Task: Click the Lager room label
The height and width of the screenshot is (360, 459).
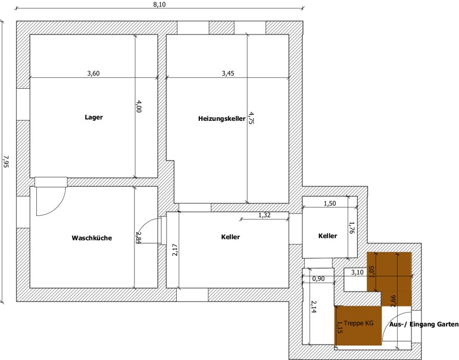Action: (93, 117)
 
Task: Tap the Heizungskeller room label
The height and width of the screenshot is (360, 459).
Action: (221, 118)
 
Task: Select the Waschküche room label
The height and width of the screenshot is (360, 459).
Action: (92, 237)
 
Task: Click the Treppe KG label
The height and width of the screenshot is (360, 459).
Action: (358, 323)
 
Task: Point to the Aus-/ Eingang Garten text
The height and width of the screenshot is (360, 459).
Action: (424, 324)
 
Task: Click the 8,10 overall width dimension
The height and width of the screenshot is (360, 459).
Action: (159, 4)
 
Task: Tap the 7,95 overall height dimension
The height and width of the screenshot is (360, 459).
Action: (5, 161)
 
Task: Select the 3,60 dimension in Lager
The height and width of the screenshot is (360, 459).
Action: (93, 73)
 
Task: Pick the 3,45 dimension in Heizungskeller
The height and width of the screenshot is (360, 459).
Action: (228, 73)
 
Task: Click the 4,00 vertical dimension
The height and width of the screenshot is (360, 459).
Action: (139, 107)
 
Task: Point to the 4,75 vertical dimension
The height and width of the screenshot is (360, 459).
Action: (251, 118)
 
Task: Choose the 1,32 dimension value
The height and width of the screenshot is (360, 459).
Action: (264, 215)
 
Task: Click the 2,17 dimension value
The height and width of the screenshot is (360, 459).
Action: (175, 250)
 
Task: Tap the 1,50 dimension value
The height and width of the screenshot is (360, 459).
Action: (330, 204)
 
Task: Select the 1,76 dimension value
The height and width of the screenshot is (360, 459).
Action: (352, 228)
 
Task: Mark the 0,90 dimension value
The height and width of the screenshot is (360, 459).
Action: (318, 278)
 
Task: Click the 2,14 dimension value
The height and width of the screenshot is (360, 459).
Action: (313, 307)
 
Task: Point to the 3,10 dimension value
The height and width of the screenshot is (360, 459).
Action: (357, 273)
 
